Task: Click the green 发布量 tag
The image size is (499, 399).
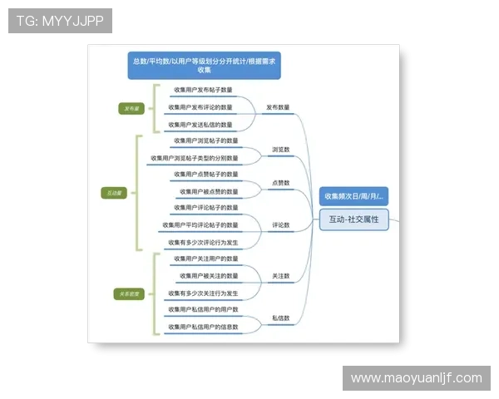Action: [132, 108]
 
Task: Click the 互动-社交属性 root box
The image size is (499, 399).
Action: [353, 219]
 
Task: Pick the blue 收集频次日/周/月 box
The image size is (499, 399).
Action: [353, 196]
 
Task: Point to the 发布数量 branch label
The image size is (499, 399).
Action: [278, 107]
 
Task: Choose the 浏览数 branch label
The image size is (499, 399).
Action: [280, 150]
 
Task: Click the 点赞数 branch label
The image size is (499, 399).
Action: [280, 182]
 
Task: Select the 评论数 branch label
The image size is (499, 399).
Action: [280, 224]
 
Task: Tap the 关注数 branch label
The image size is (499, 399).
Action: [280, 275]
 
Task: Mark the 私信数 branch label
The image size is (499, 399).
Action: [280, 318]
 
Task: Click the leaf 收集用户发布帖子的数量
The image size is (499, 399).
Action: [203, 90]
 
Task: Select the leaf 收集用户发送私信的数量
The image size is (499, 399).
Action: [200, 125]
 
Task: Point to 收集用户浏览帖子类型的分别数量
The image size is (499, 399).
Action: [194, 158]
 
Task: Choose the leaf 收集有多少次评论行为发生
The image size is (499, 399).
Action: [203, 243]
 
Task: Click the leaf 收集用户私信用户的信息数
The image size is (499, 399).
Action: [203, 327]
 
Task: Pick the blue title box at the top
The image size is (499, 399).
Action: [204, 65]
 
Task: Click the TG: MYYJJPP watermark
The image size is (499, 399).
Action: [60, 21]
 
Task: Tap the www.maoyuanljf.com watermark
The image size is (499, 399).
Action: [416, 378]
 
